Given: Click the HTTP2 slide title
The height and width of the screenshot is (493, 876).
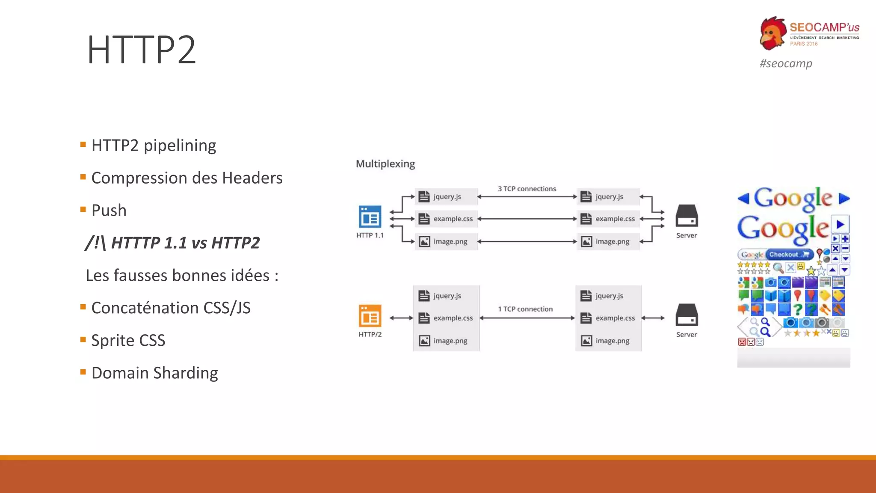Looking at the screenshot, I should [141, 50].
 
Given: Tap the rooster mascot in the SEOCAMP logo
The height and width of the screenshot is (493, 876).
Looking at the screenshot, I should [773, 33].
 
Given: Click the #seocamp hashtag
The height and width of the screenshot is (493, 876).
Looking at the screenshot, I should [786, 63].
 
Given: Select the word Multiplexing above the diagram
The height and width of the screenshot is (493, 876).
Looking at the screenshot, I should [385, 164].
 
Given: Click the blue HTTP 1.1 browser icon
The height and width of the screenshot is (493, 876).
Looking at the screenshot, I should [370, 217].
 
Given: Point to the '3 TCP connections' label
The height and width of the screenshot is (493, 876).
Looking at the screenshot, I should [527, 189].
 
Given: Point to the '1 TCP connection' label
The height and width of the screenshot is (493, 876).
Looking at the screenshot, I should [525, 309].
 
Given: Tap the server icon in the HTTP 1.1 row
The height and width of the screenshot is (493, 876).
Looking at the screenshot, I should [687, 216].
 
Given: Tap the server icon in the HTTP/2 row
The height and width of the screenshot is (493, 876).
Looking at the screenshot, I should [687, 315].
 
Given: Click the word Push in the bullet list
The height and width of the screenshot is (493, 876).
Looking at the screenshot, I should [109, 211].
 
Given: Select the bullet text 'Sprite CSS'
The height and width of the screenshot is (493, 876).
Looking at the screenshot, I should [128, 341].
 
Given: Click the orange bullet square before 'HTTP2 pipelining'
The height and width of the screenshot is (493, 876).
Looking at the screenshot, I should [83, 145].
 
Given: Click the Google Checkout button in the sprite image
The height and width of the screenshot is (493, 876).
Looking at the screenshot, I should [789, 255].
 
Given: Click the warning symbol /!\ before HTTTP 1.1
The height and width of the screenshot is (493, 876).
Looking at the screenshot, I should [95, 243].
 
